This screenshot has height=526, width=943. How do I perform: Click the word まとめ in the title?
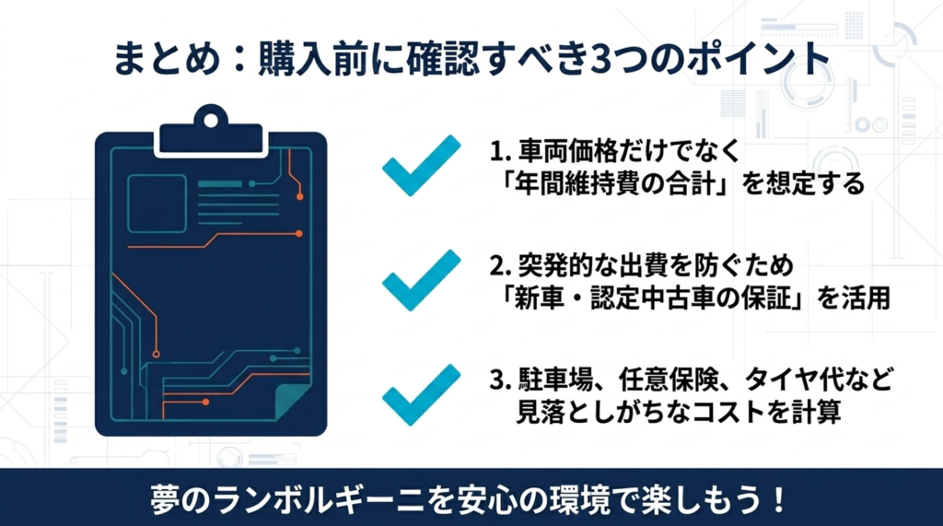pyautogui.click(x=167, y=59)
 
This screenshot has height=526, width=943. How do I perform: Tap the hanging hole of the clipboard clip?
pyautogui.click(x=211, y=121)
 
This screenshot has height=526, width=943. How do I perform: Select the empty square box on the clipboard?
pyautogui.click(x=157, y=204)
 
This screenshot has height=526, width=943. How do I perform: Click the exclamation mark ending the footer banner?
pyautogui.click(x=779, y=499)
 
